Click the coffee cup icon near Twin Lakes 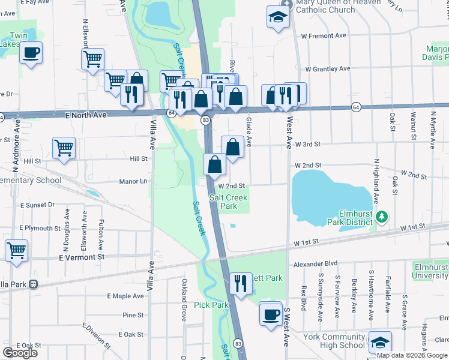click(31, 52)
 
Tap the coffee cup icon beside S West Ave click(271, 313)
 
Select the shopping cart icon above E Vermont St click(16, 250)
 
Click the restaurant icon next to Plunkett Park click(241, 283)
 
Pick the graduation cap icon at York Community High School click(379, 342)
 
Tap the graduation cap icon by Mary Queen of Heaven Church click(279, 17)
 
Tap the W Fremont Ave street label click(324, 36)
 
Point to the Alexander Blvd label click(315, 263)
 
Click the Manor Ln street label click(133, 181)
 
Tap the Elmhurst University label click(430, 271)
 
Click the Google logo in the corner click(20, 352)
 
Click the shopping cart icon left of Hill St click(64, 148)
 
